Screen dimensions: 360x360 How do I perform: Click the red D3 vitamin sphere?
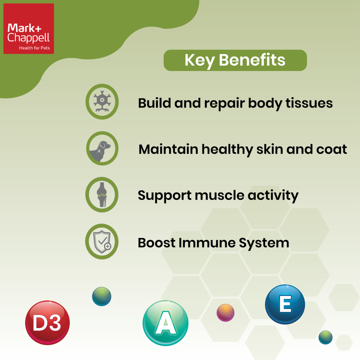click(x=47, y=323)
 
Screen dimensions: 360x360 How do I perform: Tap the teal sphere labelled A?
click(x=166, y=323)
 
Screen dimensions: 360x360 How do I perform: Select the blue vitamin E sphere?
click(x=285, y=304)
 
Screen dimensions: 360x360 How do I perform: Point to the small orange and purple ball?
click(x=225, y=313)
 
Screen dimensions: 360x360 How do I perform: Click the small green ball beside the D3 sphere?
click(x=102, y=296)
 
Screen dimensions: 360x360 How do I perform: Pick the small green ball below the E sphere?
click(x=325, y=337)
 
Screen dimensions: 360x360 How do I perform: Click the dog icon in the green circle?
click(x=100, y=151)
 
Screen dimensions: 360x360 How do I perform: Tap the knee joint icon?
click(x=102, y=194)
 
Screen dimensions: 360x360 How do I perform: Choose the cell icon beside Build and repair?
click(x=102, y=101)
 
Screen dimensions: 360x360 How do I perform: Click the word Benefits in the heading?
click(x=252, y=60)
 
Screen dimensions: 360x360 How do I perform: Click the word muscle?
click(x=220, y=195)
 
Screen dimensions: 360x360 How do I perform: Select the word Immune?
click(x=207, y=243)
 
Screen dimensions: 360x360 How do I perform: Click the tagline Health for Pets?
click(x=34, y=48)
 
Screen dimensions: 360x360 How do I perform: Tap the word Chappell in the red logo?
click(x=28, y=38)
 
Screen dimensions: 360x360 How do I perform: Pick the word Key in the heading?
click(x=200, y=61)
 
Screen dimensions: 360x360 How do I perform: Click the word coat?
click(x=332, y=149)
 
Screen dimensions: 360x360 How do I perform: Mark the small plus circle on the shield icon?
click(x=108, y=246)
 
